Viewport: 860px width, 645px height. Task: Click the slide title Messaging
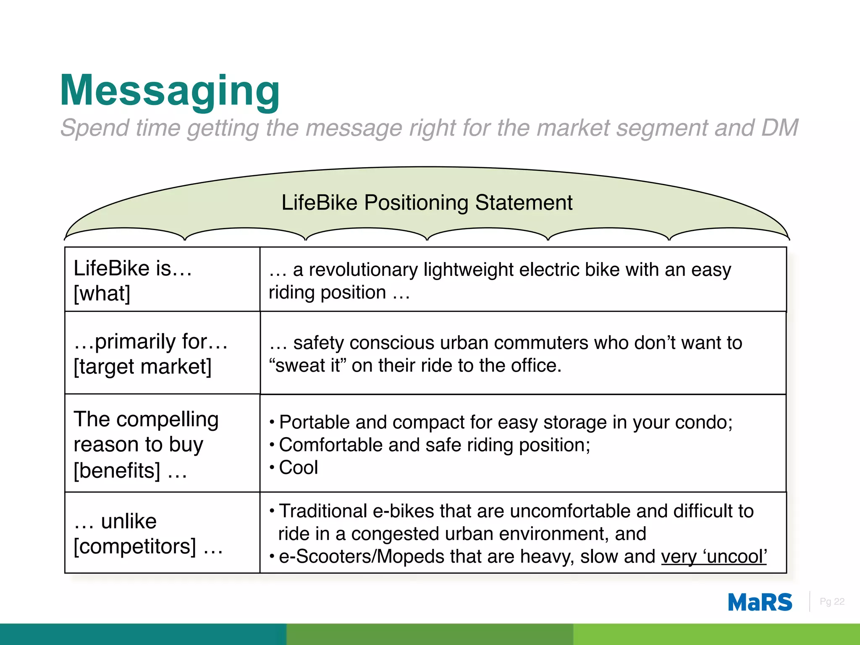click(x=170, y=91)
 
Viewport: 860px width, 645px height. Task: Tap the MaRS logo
click(x=760, y=603)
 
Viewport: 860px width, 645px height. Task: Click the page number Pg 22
click(x=831, y=602)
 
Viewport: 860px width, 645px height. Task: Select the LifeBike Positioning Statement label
click(x=427, y=203)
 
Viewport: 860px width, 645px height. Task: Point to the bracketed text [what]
click(x=102, y=293)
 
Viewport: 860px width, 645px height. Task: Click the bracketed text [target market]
click(x=143, y=367)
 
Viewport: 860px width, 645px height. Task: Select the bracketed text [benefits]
click(x=117, y=470)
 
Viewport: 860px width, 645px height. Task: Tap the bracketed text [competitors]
click(x=135, y=546)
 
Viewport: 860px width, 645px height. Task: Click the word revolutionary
click(x=363, y=270)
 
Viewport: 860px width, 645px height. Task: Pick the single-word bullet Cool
click(x=299, y=468)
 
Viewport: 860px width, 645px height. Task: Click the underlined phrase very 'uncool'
click(x=714, y=557)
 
